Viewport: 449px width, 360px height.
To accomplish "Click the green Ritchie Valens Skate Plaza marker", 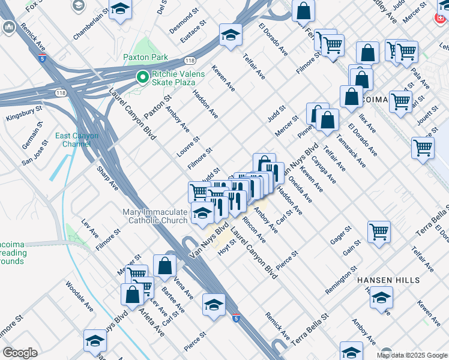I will (x=142, y=77).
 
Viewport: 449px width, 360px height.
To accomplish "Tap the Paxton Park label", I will (x=145, y=58).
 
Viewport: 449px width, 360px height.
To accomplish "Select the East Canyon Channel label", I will (x=73, y=140).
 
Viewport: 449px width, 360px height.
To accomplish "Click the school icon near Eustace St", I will (x=230, y=35).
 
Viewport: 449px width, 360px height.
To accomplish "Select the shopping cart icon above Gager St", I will (x=379, y=232).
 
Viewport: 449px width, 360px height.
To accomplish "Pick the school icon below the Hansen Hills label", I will (x=381, y=298).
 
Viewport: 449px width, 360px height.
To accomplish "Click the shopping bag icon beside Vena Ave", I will (x=164, y=266).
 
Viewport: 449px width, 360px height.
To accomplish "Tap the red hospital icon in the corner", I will (x=442, y=18).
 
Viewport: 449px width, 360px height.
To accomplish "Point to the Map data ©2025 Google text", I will (x=411, y=355).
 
